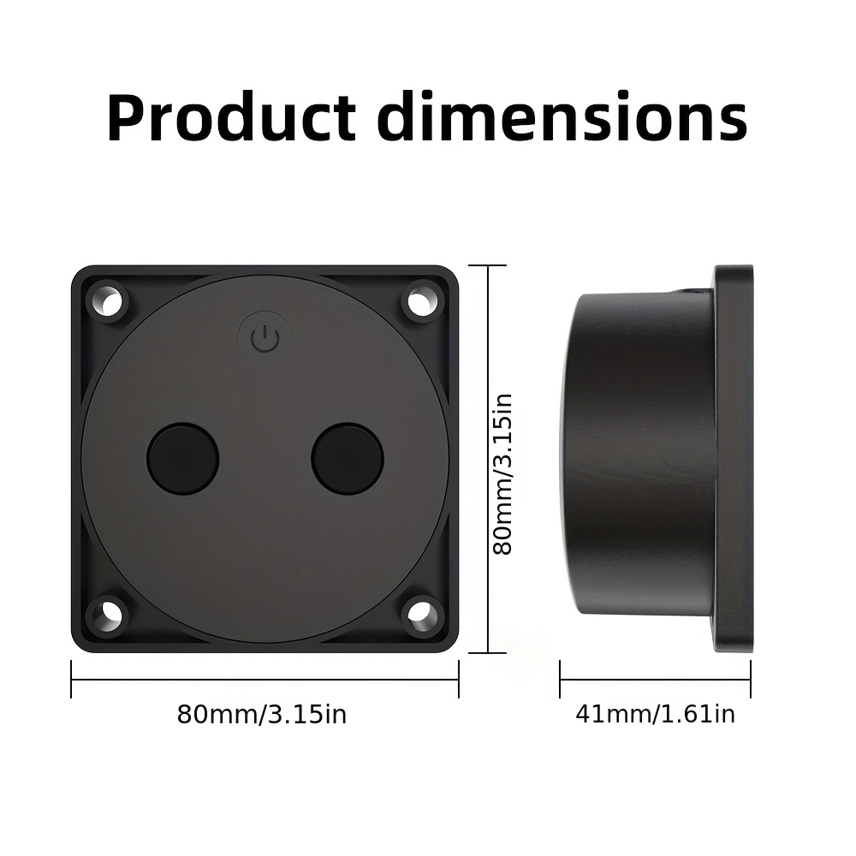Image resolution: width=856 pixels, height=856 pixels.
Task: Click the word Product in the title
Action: (232, 117)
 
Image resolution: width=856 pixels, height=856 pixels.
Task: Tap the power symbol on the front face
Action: (265, 338)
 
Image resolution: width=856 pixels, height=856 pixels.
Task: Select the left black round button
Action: (183, 459)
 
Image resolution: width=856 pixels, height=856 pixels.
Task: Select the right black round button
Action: (348, 459)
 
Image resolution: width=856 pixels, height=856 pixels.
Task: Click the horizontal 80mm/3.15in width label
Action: (262, 714)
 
